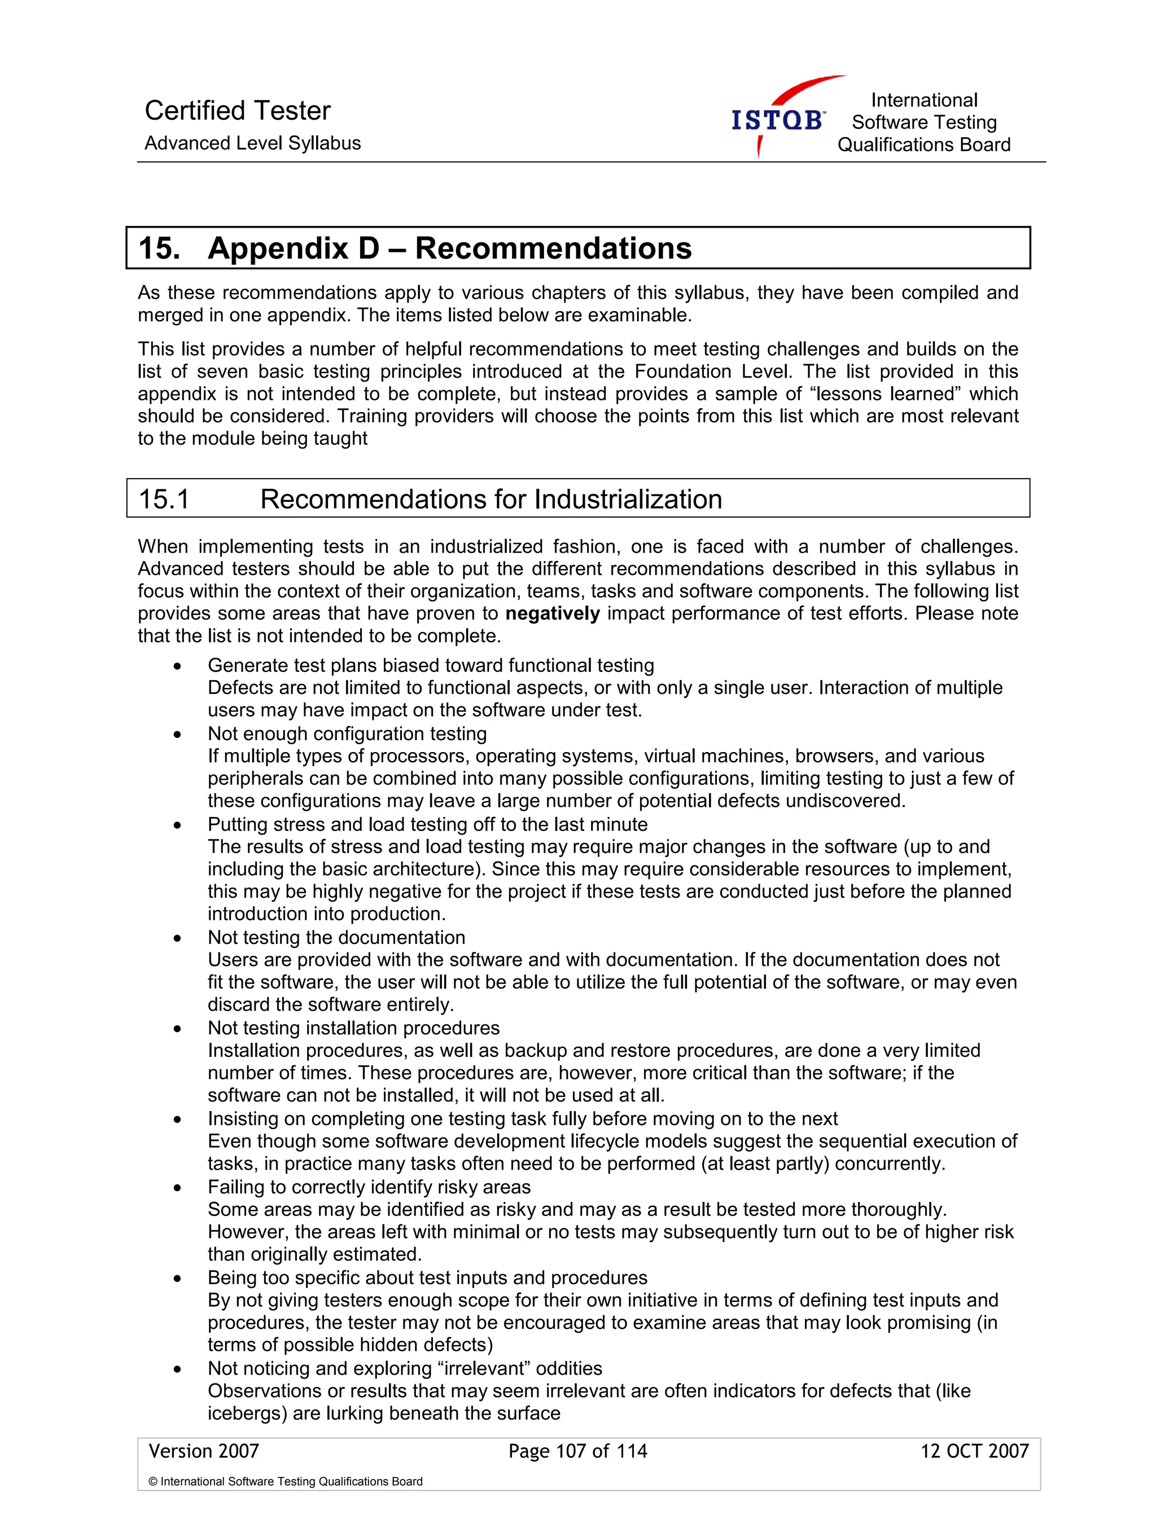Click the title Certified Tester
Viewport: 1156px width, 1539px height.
[237, 111]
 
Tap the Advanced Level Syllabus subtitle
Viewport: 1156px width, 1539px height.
[252, 143]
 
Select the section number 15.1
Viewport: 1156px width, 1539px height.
[164, 499]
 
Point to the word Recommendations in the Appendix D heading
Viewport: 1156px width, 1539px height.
[553, 248]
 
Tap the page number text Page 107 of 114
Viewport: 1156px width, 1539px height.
[577, 1450]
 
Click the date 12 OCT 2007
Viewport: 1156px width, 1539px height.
[974, 1450]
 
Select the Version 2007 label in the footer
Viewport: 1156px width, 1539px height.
[204, 1450]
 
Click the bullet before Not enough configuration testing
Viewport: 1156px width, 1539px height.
[178, 734]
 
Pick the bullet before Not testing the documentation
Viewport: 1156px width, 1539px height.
[178, 938]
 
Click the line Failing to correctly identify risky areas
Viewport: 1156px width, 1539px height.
[369, 1187]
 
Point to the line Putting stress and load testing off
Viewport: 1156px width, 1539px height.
[427, 824]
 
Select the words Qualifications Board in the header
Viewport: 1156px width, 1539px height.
[923, 145]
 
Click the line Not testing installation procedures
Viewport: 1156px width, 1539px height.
[353, 1028]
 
